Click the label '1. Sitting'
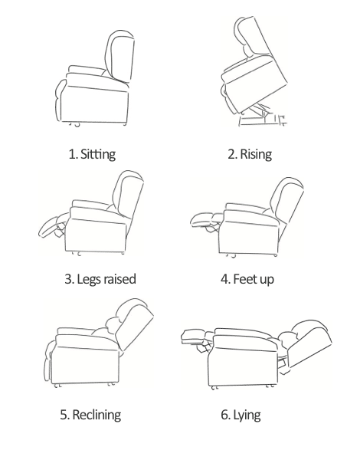click(x=92, y=154)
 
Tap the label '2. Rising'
click(x=250, y=154)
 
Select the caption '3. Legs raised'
click(x=100, y=278)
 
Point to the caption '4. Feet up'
click(x=247, y=278)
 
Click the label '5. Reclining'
click(x=90, y=415)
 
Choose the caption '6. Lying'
click(x=241, y=415)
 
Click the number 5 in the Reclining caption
click(x=64, y=415)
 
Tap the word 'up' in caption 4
click(x=266, y=279)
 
